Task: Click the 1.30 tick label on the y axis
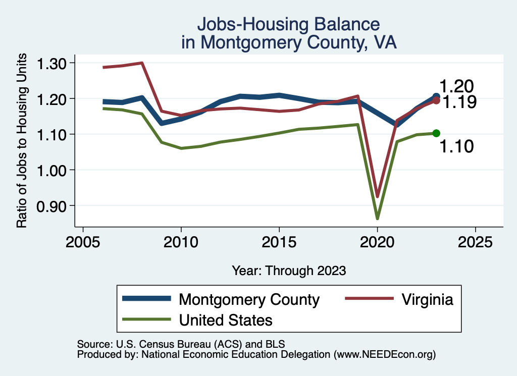point(52,64)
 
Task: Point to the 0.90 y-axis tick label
point(52,205)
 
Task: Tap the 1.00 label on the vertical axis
point(52,170)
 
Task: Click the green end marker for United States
point(436,133)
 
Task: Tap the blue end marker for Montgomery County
point(436,96)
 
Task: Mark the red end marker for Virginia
point(436,100)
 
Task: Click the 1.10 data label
point(456,147)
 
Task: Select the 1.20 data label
point(456,86)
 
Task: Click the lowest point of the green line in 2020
point(377,218)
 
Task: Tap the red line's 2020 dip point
point(377,196)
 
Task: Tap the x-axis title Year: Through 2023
point(289,271)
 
